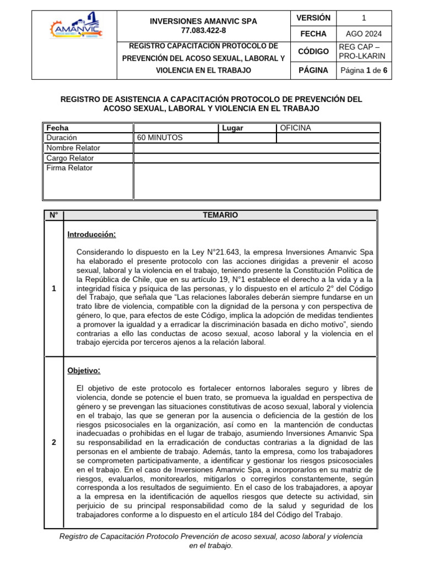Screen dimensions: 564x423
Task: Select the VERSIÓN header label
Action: click(313, 18)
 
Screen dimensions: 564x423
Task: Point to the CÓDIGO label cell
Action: click(313, 51)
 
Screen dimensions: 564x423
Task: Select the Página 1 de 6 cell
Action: click(364, 70)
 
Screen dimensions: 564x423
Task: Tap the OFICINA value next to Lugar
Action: click(295, 128)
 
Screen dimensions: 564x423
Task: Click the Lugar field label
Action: click(232, 128)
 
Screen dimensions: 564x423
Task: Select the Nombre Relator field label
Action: click(73, 148)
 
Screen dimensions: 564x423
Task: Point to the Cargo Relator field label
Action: click(70, 158)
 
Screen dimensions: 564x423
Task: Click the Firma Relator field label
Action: click(69, 168)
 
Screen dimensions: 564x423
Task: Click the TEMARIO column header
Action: click(220, 215)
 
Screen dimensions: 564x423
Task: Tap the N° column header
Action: click(53, 215)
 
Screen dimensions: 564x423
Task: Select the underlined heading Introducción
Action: click(91, 235)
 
